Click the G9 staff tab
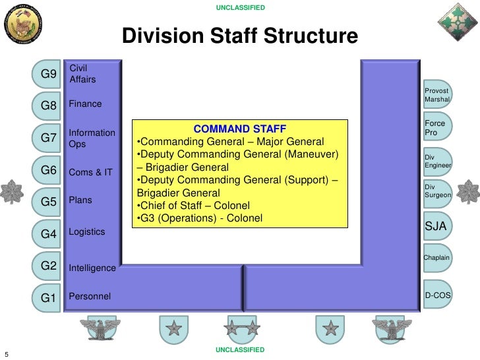pos(48,75)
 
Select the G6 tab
pos(48,171)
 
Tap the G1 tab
pos(48,297)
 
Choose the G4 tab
pos(48,233)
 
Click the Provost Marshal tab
pos(436,95)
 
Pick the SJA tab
pos(436,227)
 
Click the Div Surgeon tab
pos(437,192)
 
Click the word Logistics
pos(86,232)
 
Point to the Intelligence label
pos(92,268)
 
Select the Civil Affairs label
pos(82,74)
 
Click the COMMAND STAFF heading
pos(239,129)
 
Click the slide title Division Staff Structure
pos(240,37)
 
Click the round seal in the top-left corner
pos(24,24)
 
